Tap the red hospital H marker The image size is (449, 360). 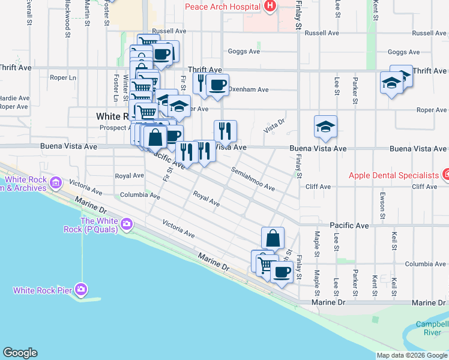pyautogui.click(x=270, y=7)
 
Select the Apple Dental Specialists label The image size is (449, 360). pyautogui.click(x=394, y=175)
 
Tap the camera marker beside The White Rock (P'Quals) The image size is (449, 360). pyautogui.click(x=126, y=224)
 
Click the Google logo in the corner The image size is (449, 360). pyautogui.click(x=20, y=353)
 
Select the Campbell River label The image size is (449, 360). pyautogui.click(x=431, y=328)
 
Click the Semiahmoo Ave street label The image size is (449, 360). pyautogui.click(x=253, y=179)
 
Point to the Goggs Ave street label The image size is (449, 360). pyautogui.click(x=243, y=52)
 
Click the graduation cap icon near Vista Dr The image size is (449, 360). pyautogui.click(x=325, y=127)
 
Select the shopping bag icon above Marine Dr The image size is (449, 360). pyautogui.click(x=273, y=238)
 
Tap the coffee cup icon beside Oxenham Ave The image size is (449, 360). pyautogui.click(x=217, y=85)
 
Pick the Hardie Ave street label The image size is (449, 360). pyautogui.click(x=14, y=98)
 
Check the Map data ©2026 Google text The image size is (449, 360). pyautogui.click(x=412, y=355)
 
